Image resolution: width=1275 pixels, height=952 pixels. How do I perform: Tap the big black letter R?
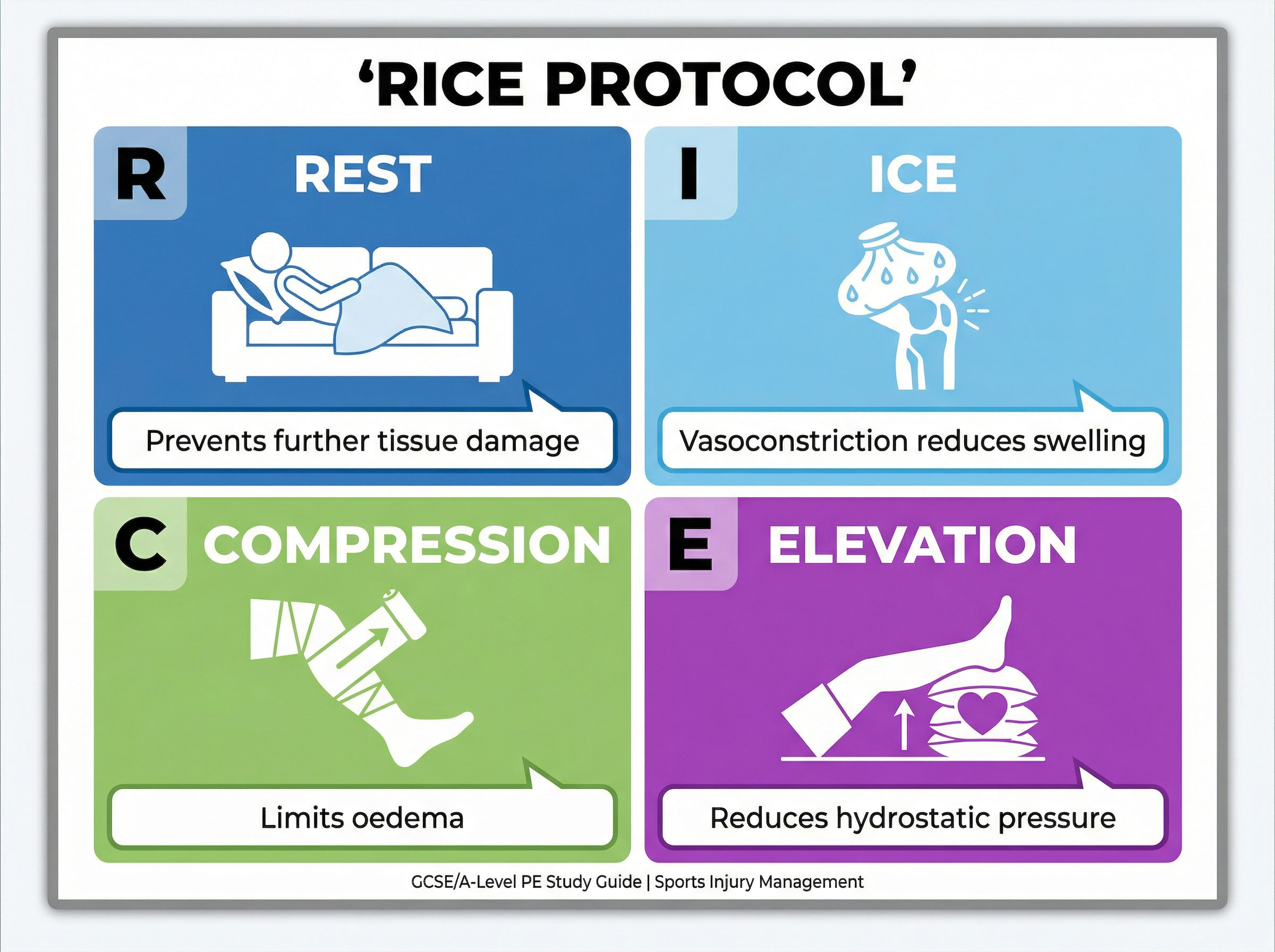click(141, 174)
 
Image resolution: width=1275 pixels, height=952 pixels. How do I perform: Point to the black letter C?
click(141, 545)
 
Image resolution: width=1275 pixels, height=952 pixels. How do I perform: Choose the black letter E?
click(690, 545)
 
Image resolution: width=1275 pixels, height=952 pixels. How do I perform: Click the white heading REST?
click(362, 175)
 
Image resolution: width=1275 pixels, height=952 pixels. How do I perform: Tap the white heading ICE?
click(913, 175)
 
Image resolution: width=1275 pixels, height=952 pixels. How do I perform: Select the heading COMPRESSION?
click(407, 545)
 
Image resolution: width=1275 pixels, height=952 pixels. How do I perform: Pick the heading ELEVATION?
click(922, 545)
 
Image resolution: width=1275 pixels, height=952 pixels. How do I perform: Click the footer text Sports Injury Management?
click(759, 882)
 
